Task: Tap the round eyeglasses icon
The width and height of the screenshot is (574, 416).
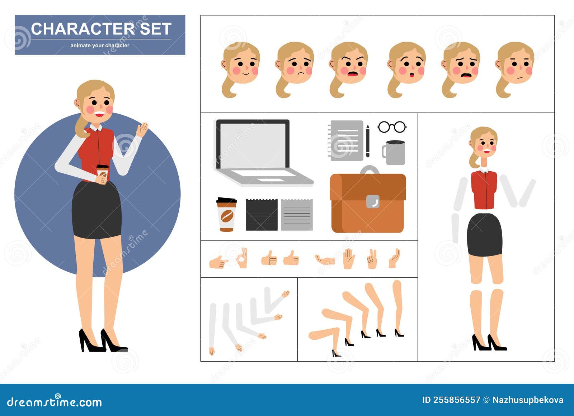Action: [392, 127]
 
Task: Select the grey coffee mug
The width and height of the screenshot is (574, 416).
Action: [394, 152]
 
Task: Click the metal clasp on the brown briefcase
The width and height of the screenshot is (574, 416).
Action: [373, 201]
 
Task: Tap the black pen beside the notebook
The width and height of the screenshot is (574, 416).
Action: [368, 141]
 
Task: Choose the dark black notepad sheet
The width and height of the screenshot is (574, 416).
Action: [262, 215]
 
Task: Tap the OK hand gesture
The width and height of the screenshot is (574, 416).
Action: [243, 258]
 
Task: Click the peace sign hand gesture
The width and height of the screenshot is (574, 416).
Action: [372, 259]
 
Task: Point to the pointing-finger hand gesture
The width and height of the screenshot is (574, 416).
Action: [218, 262]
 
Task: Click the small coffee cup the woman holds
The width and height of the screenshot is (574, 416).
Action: [102, 172]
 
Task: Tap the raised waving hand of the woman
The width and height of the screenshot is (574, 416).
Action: [142, 129]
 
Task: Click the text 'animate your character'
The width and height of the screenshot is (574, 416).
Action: [100, 46]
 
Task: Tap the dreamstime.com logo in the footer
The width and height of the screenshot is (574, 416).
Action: [55, 402]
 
